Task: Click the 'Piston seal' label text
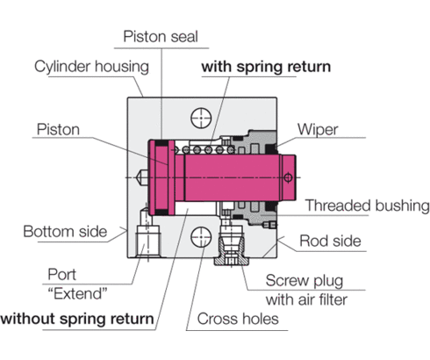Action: pos(161,36)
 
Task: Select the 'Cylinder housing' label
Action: pos(91,67)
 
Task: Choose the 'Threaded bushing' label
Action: pos(365,206)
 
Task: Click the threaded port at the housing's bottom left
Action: pos(145,236)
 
